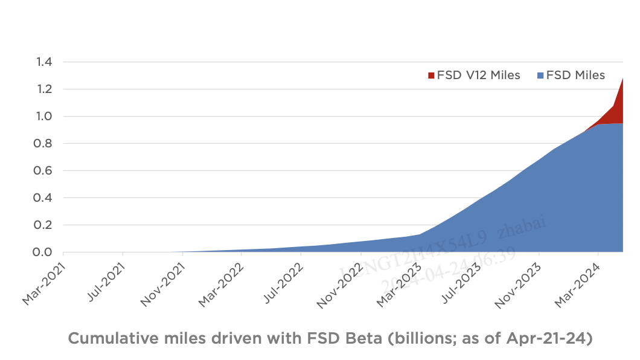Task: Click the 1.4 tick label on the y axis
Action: pos(45,62)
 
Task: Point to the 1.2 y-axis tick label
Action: pos(45,89)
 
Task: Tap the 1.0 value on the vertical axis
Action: pos(45,117)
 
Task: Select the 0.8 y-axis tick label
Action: pos(45,144)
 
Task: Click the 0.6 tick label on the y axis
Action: pos(45,171)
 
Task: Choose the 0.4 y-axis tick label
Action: pos(45,198)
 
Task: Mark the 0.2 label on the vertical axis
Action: pos(45,225)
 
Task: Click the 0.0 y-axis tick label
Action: pos(45,252)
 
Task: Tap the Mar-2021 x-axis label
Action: pos(43,282)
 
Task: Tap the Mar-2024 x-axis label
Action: pos(578,282)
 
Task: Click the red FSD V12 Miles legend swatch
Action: pos(431,76)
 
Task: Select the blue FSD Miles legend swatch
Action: pos(540,76)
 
